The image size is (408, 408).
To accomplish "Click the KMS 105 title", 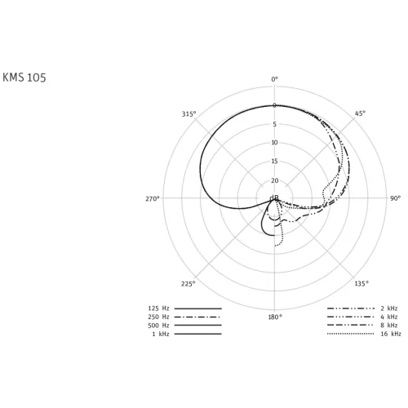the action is (24, 78).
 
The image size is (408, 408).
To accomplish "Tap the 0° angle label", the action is (275, 79).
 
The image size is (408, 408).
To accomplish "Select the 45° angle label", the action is (360, 113).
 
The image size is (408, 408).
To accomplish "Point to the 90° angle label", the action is (395, 198).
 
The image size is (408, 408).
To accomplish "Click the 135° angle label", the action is (361, 284).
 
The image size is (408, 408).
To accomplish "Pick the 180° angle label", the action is (275, 317).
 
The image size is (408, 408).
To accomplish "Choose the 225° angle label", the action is (188, 284).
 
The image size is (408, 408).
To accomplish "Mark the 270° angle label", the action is (152, 199).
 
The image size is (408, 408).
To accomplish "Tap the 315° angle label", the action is (188, 114).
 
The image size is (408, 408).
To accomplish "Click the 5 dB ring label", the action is (274, 124).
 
